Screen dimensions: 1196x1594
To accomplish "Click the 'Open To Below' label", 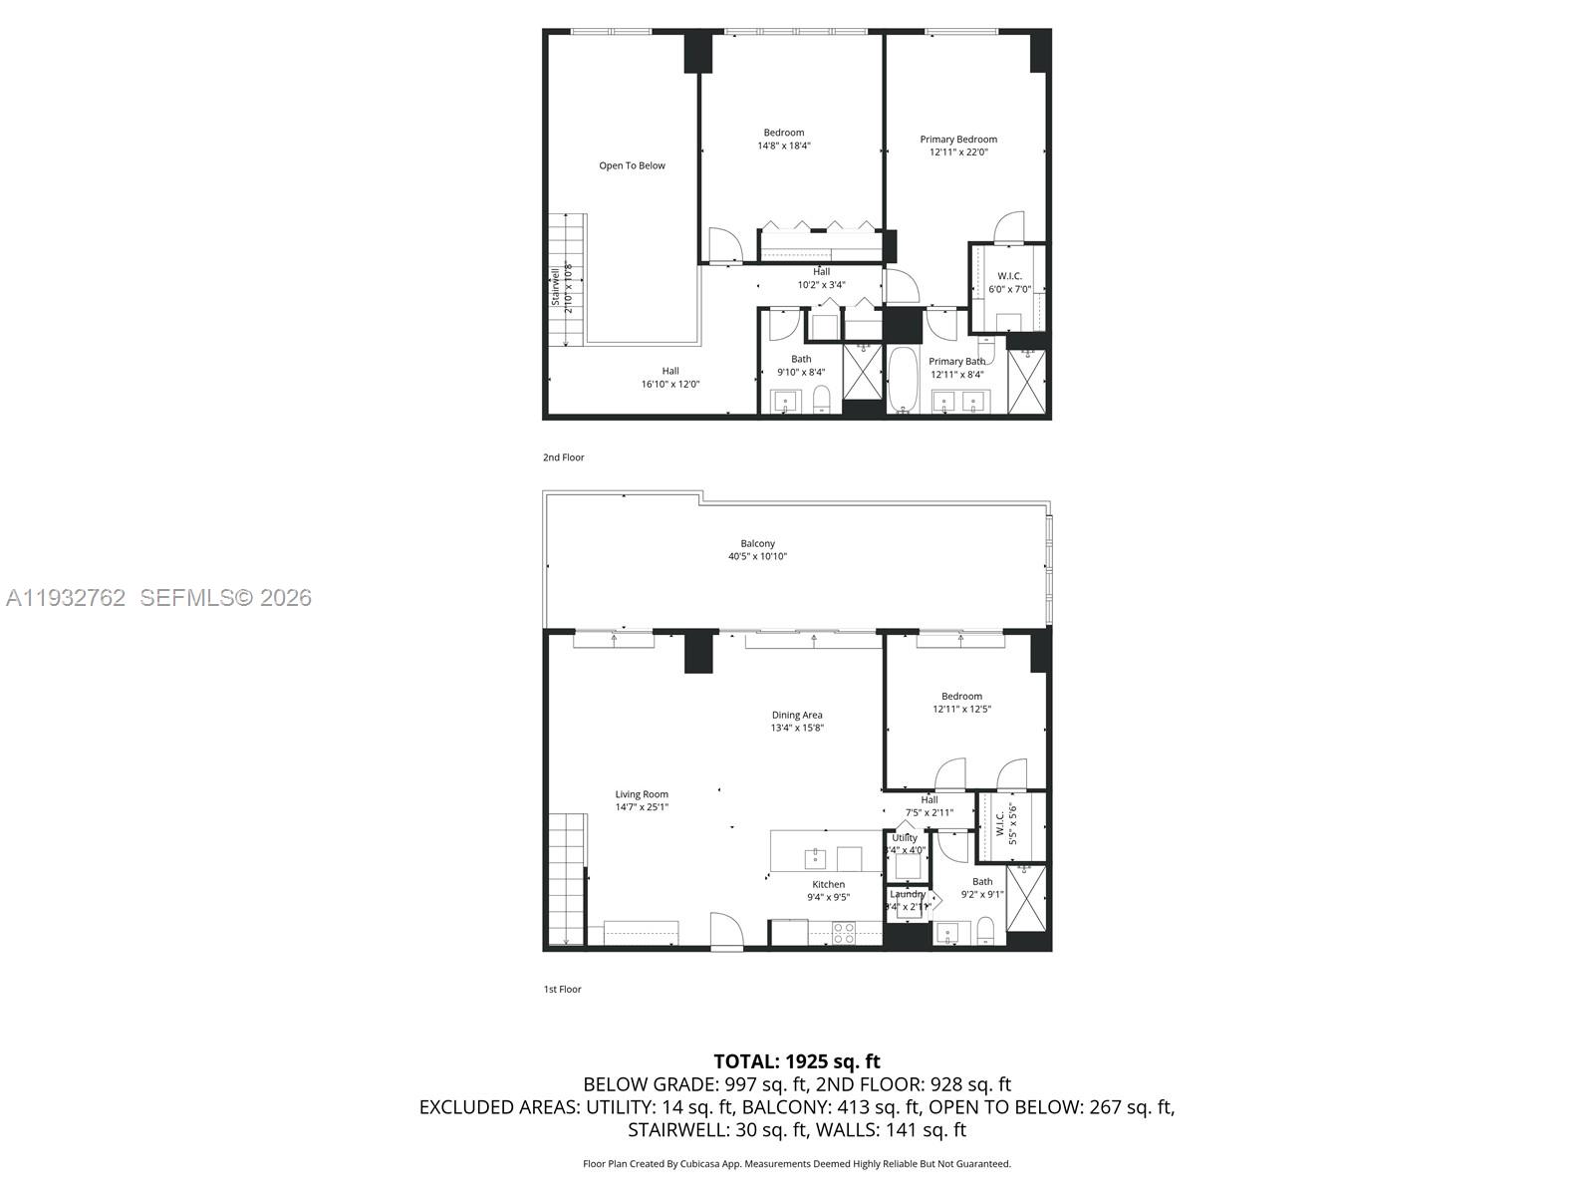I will click(x=632, y=165).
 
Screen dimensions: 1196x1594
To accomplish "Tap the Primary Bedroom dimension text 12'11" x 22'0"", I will click(x=957, y=152).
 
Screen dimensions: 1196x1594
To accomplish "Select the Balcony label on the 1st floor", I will click(x=757, y=543).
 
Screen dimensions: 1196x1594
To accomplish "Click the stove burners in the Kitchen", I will click(x=843, y=932).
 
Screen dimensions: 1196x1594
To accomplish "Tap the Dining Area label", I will click(x=797, y=715).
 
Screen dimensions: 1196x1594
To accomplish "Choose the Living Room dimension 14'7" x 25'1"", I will click(x=642, y=807).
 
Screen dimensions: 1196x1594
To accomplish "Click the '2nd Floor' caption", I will click(x=564, y=457).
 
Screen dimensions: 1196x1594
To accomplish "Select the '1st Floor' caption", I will click(x=562, y=990).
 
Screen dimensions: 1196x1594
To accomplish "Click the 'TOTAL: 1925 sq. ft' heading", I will click(x=797, y=1061).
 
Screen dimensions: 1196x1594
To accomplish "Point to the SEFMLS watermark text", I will click(x=225, y=598).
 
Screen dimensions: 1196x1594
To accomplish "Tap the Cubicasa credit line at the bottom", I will click(x=797, y=1164).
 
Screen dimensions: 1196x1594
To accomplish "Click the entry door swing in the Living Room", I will click(x=726, y=930).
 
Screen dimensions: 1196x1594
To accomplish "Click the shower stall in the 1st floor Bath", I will click(x=1026, y=898).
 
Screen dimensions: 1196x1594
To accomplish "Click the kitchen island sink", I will click(x=816, y=857).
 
